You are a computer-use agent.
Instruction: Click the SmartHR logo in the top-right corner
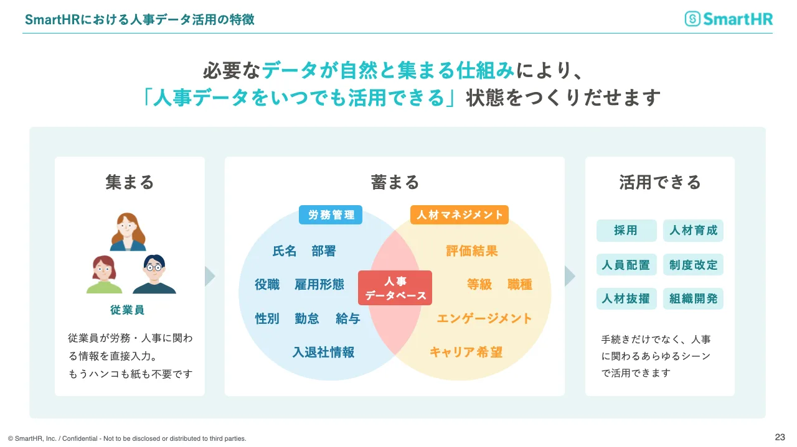click(x=729, y=19)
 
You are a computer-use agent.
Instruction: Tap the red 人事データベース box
click(x=395, y=288)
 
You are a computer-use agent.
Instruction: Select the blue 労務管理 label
click(x=331, y=215)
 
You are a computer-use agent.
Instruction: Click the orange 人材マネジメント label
click(x=460, y=215)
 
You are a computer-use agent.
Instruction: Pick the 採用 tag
click(x=626, y=231)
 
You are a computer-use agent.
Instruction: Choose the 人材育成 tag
click(x=693, y=231)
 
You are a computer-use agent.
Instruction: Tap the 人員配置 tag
click(x=626, y=265)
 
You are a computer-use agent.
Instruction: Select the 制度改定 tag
click(x=693, y=265)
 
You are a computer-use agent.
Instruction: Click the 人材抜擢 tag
click(x=626, y=298)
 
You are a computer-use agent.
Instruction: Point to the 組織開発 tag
click(x=693, y=298)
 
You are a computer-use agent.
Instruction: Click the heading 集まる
click(x=130, y=182)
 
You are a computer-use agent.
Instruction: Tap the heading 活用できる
click(x=660, y=182)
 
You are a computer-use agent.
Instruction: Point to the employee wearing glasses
click(x=154, y=274)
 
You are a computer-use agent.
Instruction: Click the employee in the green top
click(x=104, y=274)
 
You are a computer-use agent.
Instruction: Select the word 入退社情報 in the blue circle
click(x=323, y=352)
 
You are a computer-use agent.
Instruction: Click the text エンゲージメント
click(x=484, y=318)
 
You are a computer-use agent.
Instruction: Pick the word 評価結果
click(x=472, y=251)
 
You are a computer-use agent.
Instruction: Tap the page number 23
click(x=780, y=436)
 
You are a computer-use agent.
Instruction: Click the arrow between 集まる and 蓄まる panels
click(x=210, y=276)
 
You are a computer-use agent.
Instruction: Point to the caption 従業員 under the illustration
click(x=128, y=310)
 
